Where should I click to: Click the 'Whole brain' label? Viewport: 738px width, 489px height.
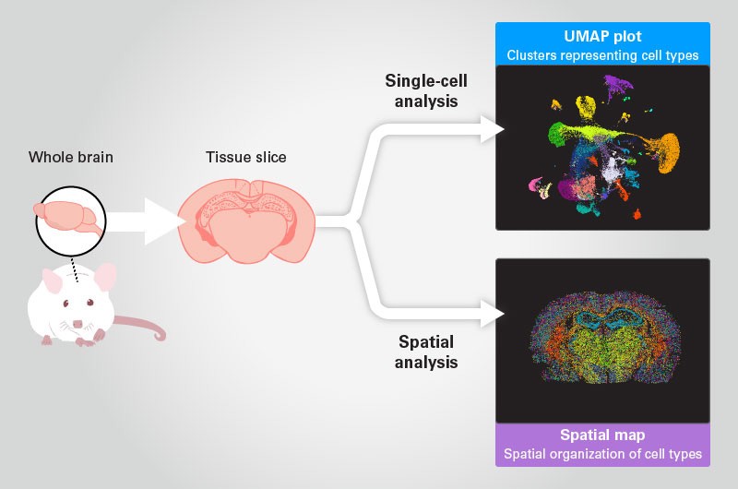click(x=71, y=157)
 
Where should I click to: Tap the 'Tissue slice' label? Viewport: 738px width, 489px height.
click(x=245, y=157)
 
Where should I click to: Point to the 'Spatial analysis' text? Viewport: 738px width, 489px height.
click(x=426, y=352)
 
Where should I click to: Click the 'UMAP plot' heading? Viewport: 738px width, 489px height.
click(x=602, y=37)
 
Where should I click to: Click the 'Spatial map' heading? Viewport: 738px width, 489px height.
click(x=602, y=435)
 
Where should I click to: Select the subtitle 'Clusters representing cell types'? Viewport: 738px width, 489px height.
click(x=602, y=55)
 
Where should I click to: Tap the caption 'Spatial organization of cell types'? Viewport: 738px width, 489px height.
click(x=602, y=453)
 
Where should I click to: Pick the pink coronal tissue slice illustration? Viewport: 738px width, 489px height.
click(x=245, y=222)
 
